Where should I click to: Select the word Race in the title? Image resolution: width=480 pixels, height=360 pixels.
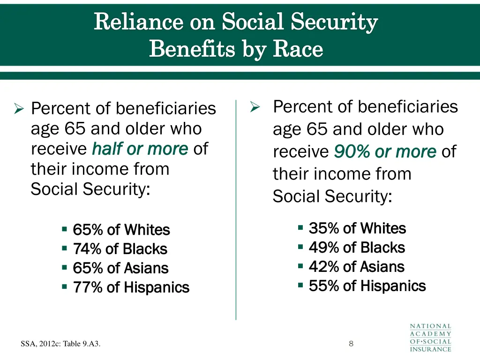click(298, 49)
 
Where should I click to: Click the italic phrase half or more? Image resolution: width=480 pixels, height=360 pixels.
click(140, 149)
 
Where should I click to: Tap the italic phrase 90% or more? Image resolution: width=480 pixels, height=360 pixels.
click(385, 152)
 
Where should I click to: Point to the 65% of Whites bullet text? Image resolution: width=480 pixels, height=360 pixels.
click(121, 230)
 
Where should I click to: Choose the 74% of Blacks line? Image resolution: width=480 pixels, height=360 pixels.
click(120, 249)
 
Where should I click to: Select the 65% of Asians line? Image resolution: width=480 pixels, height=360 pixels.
click(120, 268)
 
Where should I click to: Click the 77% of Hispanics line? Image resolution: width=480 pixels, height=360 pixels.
click(131, 287)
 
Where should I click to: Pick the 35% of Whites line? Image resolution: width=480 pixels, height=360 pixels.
click(357, 228)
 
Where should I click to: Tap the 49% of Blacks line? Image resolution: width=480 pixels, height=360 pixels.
click(357, 247)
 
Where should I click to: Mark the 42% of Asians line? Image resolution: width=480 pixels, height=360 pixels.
click(356, 267)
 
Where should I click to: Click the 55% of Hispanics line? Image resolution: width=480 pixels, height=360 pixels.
click(367, 286)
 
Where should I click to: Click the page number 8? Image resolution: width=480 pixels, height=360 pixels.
click(351, 344)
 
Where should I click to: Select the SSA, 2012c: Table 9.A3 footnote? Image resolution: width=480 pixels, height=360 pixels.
click(61, 345)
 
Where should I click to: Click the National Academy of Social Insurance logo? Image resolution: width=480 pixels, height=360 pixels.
click(430, 337)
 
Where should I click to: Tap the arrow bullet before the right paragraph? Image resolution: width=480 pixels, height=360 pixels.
click(255, 107)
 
